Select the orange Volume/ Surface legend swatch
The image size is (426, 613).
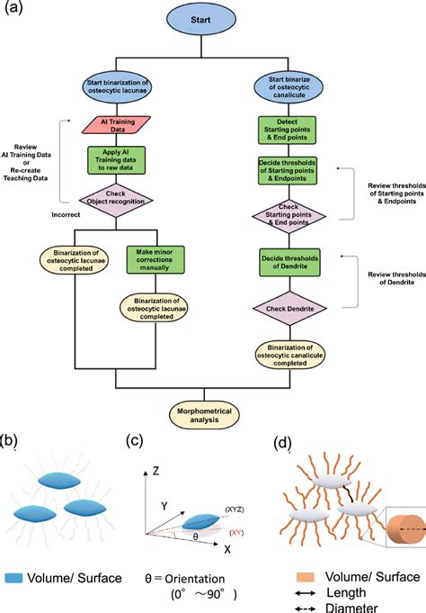click(305, 577)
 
